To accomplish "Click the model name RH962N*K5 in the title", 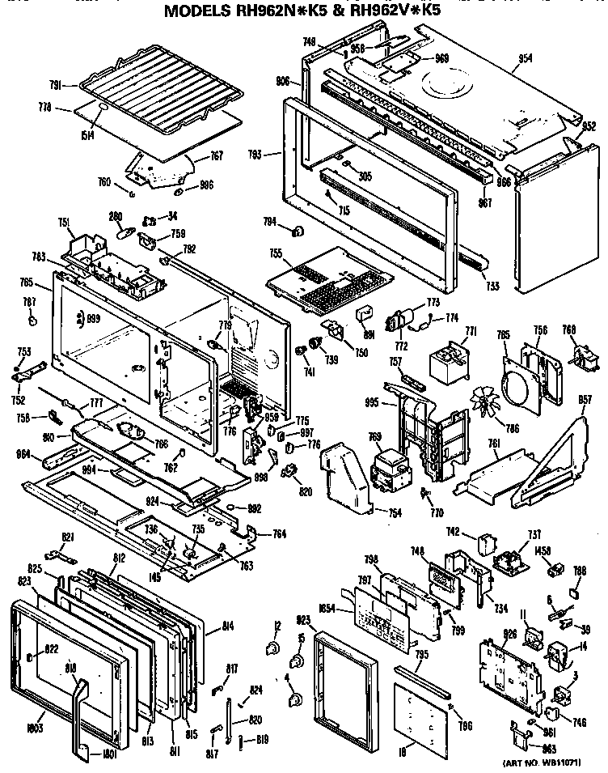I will coord(268,12).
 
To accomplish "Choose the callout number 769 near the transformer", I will coord(374,438).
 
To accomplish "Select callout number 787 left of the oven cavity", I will coord(30,302).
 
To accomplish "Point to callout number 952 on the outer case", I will coord(589,126).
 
